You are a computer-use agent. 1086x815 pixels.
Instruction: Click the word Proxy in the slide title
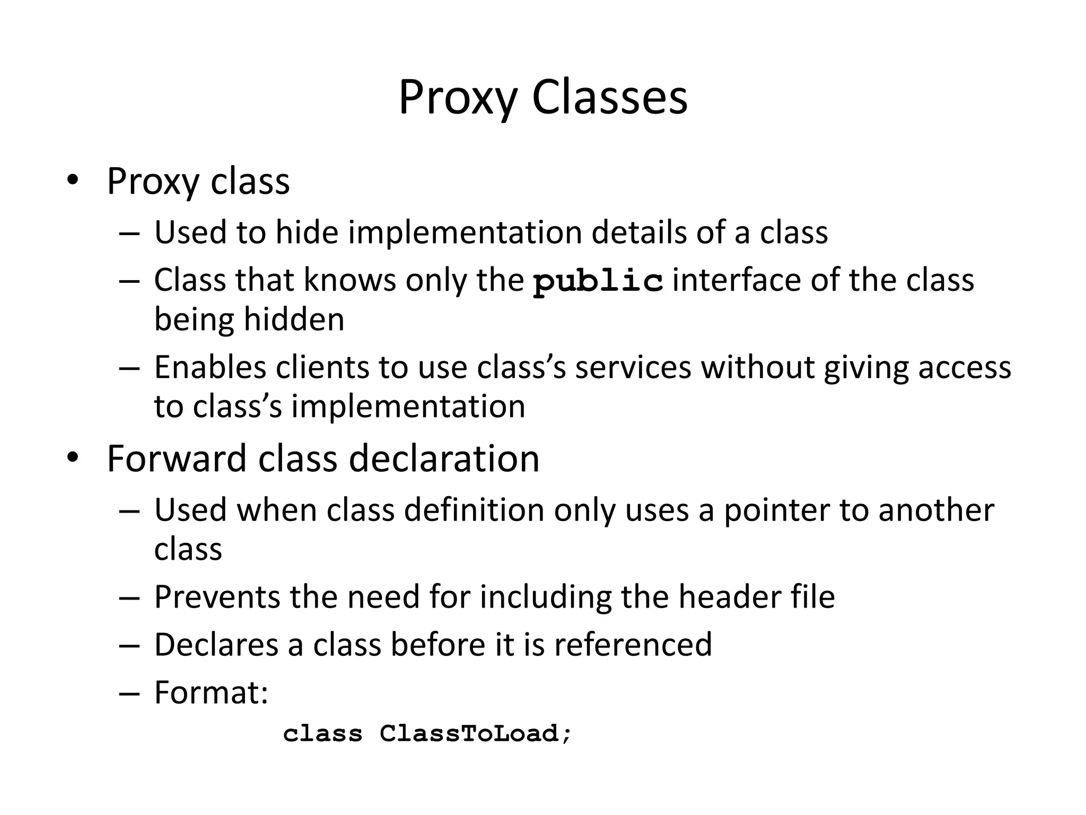[x=457, y=98]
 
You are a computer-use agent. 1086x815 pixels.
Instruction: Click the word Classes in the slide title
[x=609, y=98]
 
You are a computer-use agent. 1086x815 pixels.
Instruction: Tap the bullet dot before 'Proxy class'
[x=73, y=180]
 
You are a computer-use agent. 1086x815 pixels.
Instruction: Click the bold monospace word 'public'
[x=598, y=281]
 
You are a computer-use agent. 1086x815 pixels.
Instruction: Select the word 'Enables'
[x=210, y=367]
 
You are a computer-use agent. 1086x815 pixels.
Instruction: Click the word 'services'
[x=633, y=367]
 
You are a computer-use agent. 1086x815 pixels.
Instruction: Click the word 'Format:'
[x=211, y=692]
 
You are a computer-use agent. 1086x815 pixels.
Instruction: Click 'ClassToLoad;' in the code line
[x=476, y=734]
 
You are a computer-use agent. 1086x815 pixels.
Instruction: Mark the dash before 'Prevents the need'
[x=129, y=598]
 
